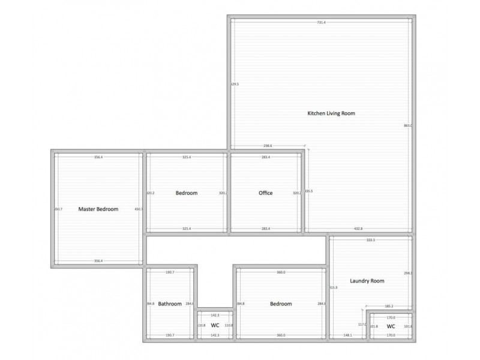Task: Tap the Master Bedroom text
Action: click(x=98, y=209)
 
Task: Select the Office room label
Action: click(x=266, y=193)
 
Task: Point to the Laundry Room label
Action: click(x=367, y=281)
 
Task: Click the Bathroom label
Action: click(x=170, y=304)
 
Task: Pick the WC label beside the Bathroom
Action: click(x=215, y=325)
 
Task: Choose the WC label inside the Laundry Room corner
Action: click(x=391, y=326)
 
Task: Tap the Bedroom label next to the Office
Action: click(x=187, y=193)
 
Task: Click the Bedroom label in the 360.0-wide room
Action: click(x=281, y=304)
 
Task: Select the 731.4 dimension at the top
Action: click(x=322, y=22)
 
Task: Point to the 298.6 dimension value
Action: click(x=268, y=146)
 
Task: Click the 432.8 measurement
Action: click(x=358, y=229)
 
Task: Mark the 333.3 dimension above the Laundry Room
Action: click(x=370, y=240)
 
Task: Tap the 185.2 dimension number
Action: click(x=388, y=307)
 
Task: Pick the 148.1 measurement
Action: click(x=348, y=335)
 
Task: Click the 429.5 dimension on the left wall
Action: click(x=235, y=85)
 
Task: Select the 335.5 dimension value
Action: click(x=309, y=191)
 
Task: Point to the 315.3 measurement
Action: click(x=334, y=288)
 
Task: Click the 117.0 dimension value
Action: click(x=362, y=325)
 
